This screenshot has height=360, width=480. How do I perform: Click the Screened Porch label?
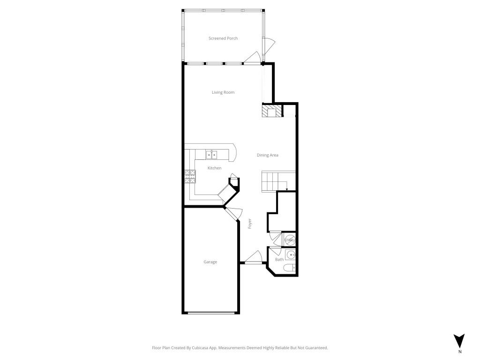(223, 38)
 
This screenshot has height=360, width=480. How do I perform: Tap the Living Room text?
(223, 92)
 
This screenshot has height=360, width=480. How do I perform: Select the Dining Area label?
(268, 155)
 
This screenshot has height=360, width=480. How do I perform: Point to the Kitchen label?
(215, 168)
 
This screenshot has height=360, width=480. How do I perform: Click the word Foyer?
(250, 224)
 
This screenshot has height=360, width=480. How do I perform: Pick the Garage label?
(210, 262)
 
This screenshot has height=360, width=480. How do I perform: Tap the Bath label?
(279, 259)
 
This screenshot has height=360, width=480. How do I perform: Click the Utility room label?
(290, 240)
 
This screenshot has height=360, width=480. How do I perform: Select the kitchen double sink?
(212, 154)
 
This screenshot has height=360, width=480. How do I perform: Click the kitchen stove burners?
(190, 176)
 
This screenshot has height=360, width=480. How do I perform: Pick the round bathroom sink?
(291, 255)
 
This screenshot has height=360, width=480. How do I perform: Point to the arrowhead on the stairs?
(286, 189)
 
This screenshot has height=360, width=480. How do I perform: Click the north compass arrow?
(460, 341)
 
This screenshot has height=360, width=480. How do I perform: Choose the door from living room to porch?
(252, 59)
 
